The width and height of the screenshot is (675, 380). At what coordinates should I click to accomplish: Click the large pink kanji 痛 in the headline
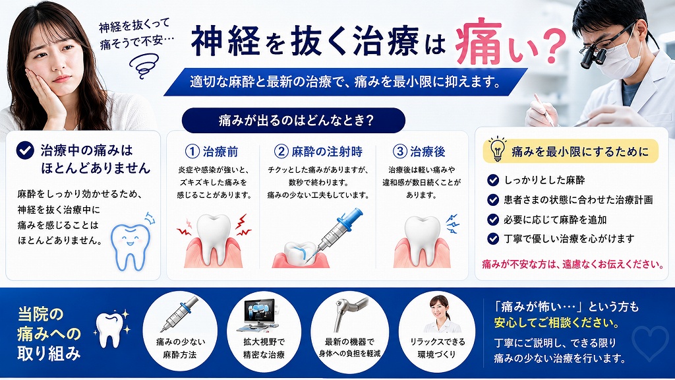coord(479,42)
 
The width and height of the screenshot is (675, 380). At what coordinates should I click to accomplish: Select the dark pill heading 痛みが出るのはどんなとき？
coord(293,120)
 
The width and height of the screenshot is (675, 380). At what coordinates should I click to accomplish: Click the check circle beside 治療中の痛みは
coord(25,150)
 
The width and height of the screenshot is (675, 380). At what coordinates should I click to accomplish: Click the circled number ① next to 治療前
coord(192,151)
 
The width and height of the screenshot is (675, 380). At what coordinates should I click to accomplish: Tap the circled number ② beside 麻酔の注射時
coord(281,151)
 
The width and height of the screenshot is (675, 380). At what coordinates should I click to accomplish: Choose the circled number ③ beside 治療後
coord(400,151)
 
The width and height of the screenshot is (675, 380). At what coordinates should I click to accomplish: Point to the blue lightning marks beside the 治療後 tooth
coord(452,223)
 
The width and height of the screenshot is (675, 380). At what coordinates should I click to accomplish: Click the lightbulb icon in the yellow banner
coord(498,149)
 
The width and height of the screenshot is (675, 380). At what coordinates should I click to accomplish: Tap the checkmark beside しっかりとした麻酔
coord(493,180)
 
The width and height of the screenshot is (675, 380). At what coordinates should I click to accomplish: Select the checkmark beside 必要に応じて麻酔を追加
coord(493,219)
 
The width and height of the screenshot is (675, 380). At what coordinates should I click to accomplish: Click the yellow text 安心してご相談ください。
coord(556,322)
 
